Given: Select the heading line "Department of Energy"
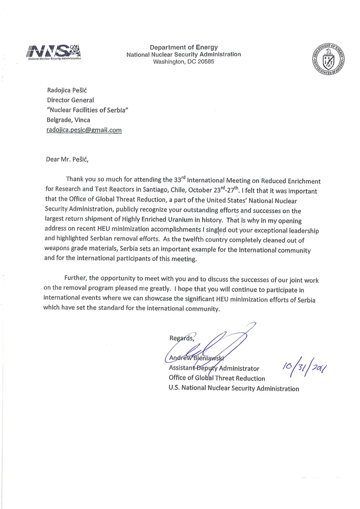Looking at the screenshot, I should point(183,48).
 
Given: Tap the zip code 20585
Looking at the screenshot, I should point(205,61).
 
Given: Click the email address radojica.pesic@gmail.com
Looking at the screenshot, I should point(84,130).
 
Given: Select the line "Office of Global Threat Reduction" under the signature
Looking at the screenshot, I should point(217,378).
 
